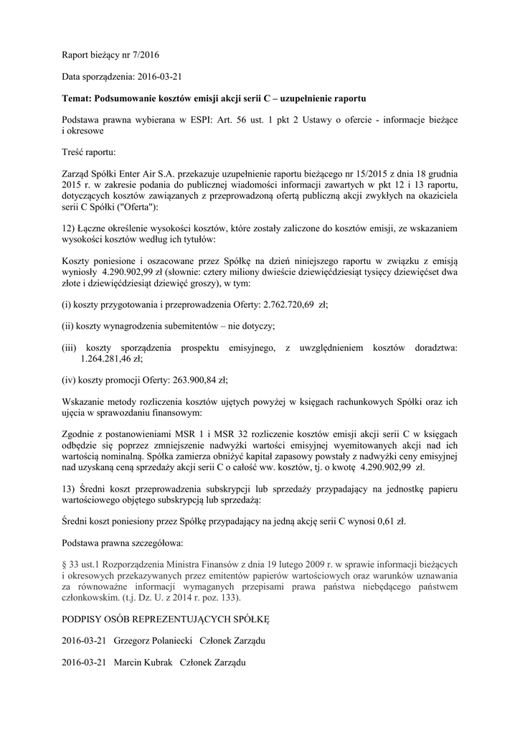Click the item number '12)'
pos(69,227)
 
